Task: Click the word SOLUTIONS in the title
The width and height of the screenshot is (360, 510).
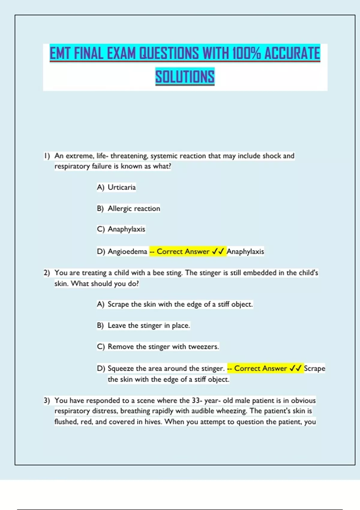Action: [185, 76]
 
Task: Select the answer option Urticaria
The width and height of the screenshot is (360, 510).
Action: [121, 187]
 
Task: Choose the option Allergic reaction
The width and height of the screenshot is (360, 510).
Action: [134, 208]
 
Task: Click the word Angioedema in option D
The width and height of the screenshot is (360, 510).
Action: [127, 251]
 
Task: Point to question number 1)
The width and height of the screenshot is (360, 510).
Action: [47, 156]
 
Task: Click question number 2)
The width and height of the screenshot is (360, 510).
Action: [47, 273]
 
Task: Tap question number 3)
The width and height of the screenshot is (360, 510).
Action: [47, 401]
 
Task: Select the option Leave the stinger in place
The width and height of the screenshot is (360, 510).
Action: [149, 325]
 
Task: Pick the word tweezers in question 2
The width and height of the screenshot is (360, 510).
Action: [203, 347]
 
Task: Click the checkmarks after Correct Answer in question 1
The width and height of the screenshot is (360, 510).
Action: [218, 251]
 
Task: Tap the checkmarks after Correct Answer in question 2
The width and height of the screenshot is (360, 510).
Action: [295, 368]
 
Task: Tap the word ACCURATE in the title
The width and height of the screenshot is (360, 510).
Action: [292, 53]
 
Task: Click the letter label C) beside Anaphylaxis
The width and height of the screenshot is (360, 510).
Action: [100, 229]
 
